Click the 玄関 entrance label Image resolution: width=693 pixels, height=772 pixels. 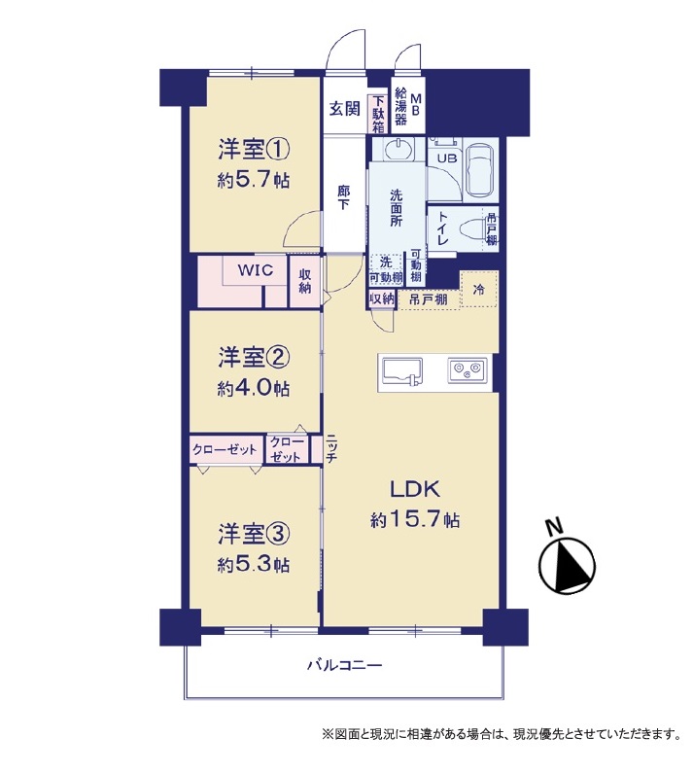point(344,108)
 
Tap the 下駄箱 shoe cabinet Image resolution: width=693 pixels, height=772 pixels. point(377,114)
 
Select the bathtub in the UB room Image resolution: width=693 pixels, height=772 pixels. point(481,170)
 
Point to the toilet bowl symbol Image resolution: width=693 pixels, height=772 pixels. point(473,229)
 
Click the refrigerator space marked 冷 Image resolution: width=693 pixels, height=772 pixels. point(478,290)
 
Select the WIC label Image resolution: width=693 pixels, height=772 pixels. point(256,269)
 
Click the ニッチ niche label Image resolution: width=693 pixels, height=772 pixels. point(331,449)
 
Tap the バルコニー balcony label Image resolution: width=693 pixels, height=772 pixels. point(344,666)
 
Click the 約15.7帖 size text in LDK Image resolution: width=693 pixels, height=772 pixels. point(415,520)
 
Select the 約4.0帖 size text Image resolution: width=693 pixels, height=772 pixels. point(254,389)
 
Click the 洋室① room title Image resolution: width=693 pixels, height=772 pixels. point(254,150)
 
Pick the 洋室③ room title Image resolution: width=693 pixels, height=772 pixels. point(254,535)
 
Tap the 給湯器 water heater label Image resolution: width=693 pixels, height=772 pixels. point(401,106)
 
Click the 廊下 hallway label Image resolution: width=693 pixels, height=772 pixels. point(343,197)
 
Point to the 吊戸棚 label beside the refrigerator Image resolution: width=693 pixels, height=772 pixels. point(429,298)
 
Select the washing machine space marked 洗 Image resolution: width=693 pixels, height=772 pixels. point(386,262)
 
